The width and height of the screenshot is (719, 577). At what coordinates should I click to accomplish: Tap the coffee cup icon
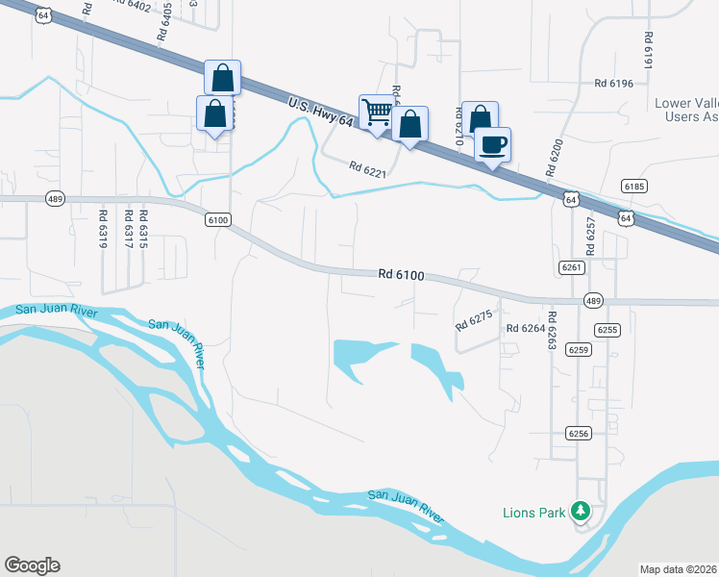pyautogui.click(x=493, y=144)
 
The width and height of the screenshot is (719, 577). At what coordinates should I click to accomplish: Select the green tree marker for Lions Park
pyautogui.click(x=580, y=511)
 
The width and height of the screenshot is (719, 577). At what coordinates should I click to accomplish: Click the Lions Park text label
pyautogui.click(x=534, y=513)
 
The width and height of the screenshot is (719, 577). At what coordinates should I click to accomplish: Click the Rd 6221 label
pyautogui.click(x=367, y=170)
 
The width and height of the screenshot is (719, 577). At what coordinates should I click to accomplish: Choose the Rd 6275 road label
pyautogui.click(x=474, y=318)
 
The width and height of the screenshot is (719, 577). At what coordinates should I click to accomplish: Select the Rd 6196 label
pyautogui.click(x=613, y=84)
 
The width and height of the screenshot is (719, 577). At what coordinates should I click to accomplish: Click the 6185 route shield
pyautogui.click(x=633, y=186)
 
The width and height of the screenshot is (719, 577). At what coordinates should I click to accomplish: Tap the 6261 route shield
pyautogui.click(x=570, y=265)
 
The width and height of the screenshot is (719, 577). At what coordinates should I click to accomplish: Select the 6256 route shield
pyautogui.click(x=578, y=434)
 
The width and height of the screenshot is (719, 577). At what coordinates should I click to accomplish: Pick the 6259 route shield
pyautogui.click(x=578, y=349)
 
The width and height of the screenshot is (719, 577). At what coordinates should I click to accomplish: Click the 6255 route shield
pyautogui.click(x=607, y=329)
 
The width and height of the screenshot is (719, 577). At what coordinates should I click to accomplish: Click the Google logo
pyautogui.click(x=32, y=565)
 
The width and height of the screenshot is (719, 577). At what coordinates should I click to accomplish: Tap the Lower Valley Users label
pyautogui.click(x=685, y=110)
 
